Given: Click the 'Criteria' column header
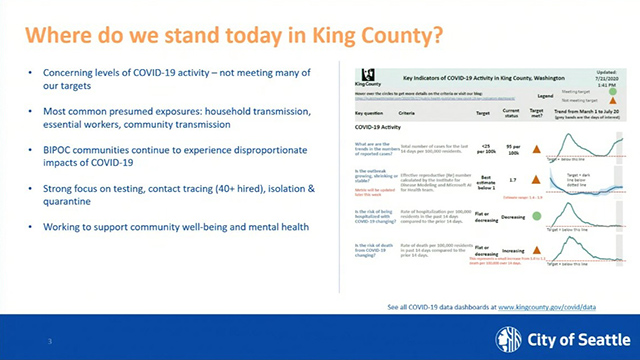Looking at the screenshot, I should pyautogui.click(x=410, y=116).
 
